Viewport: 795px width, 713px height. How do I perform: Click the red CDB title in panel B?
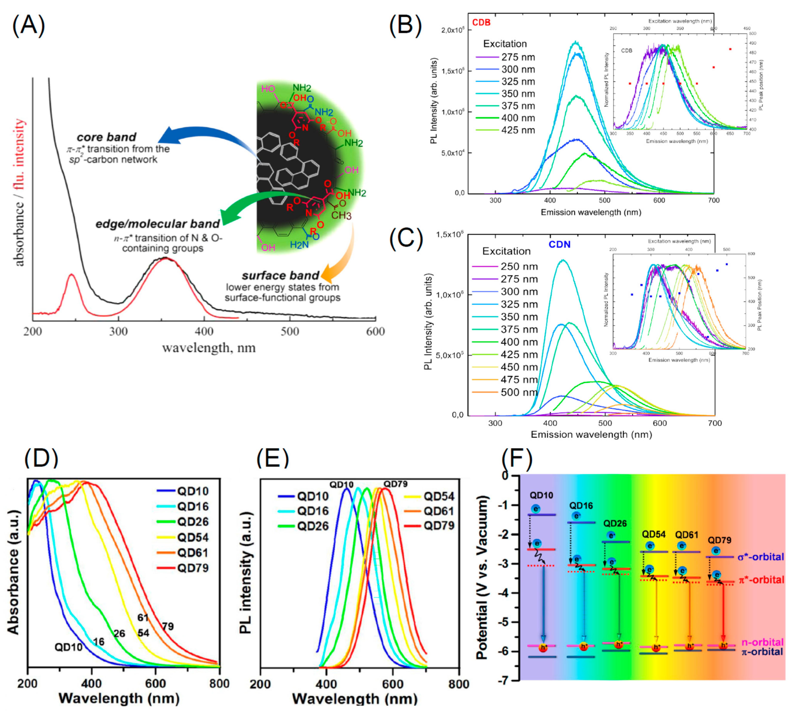tap(481, 22)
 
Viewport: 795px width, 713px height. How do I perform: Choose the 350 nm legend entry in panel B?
tap(518, 94)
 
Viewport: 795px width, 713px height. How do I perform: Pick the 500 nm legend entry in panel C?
tap(519, 392)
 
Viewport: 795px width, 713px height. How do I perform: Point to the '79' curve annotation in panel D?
tap(168, 627)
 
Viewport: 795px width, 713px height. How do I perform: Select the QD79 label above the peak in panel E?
tap(395, 484)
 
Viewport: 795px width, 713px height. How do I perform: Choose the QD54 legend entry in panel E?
tap(439, 496)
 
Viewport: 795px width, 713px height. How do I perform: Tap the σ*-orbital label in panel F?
tap(761, 557)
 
